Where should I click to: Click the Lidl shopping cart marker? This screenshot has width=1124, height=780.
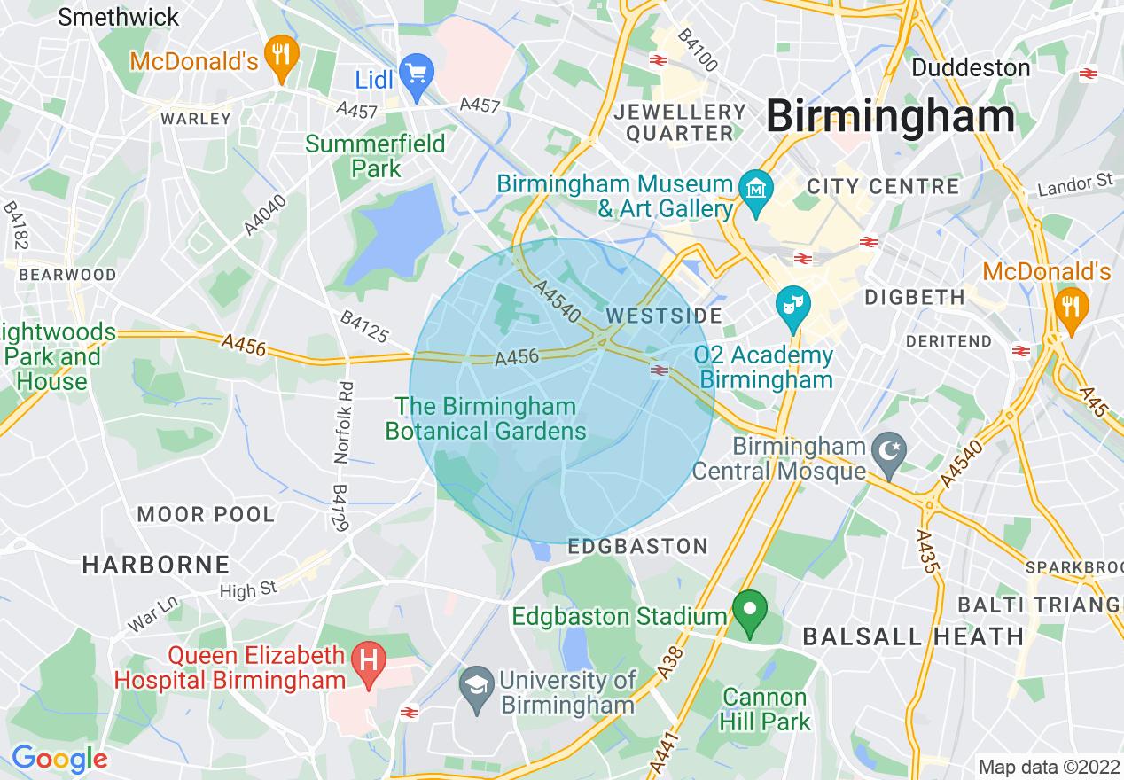click(x=416, y=70)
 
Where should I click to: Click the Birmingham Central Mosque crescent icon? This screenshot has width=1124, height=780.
click(x=886, y=449)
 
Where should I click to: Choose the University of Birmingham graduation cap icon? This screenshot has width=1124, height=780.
click(x=477, y=684)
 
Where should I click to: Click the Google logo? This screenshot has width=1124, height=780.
click(x=59, y=759)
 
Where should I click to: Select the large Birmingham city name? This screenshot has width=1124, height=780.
click(x=890, y=116)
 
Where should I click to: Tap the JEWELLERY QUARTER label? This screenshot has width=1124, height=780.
click(x=681, y=122)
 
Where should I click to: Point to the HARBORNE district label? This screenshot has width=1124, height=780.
click(x=156, y=565)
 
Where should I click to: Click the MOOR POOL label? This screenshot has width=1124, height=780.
click(x=206, y=514)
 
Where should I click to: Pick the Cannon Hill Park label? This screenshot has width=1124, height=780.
click(x=765, y=709)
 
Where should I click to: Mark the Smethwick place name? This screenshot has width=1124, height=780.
click(x=118, y=17)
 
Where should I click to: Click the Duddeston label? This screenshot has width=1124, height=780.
click(x=971, y=67)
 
